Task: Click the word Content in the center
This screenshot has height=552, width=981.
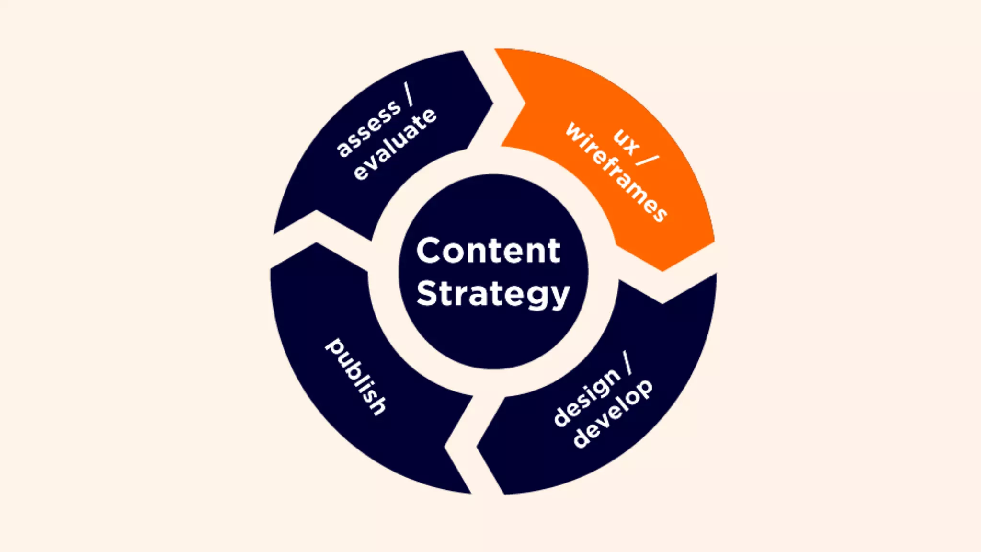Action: click(488, 251)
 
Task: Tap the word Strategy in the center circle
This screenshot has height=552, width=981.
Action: click(493, 293)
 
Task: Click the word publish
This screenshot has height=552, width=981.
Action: click(355, 377)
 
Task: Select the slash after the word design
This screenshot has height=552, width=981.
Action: click(627, 363)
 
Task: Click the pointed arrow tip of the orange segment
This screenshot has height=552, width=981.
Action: click(662, 270)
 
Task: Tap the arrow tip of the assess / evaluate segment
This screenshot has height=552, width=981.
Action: click(492, 102)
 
